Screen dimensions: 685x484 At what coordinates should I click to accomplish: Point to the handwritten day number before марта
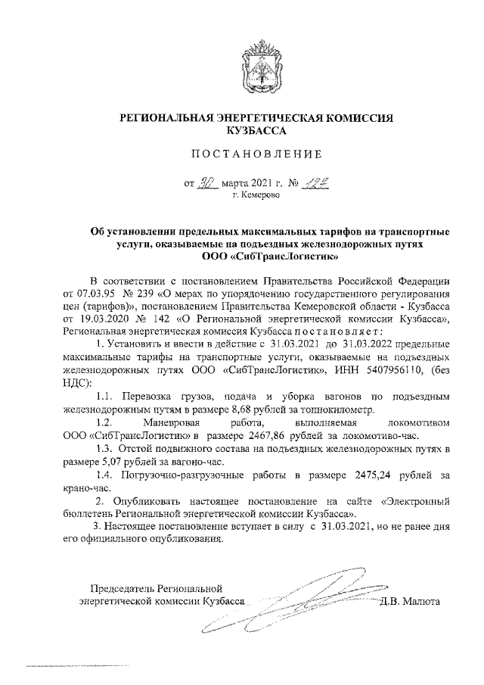tap(207, 182)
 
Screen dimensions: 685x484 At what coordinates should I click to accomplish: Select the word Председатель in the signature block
tap(122, 587)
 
